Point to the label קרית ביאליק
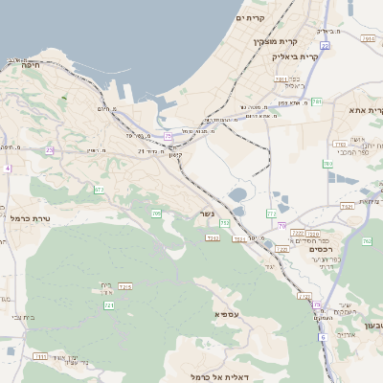tap(271, 57)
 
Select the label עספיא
tap(227, 312)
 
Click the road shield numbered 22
tap(326, 45)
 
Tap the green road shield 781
tap(317, 101)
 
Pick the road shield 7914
tap(369, 39)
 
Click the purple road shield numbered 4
tap(6, 169)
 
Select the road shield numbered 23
tap(49, 150)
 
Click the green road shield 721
tap(109, 304)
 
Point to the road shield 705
tap(156, 214)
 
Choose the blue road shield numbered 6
tap(323, 337)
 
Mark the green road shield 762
tap(367, 241)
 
